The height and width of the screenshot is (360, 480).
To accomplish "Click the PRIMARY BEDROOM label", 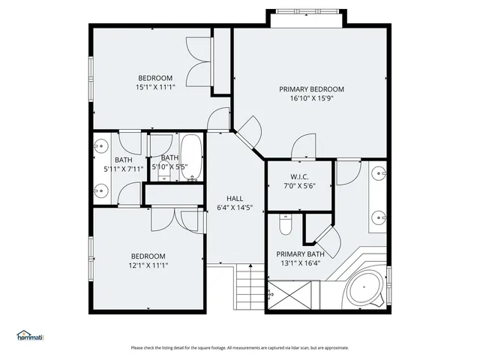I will tap(311, 89).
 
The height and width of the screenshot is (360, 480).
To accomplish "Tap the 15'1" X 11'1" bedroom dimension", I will tap(154, 88).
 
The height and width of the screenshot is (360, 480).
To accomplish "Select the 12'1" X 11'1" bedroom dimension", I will tap(147, 265).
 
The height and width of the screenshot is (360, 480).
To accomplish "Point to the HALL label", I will tap(235, 198).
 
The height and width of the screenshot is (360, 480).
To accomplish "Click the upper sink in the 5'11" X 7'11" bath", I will tap(100, 147).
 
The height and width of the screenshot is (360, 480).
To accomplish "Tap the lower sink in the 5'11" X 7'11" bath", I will tap(100, 190).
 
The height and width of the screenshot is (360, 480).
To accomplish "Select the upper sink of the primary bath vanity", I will tap(379, 173).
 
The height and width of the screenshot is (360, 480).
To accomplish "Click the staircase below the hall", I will tap(249, 288).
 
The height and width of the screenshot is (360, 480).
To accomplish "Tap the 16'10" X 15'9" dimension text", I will tap(310, 99).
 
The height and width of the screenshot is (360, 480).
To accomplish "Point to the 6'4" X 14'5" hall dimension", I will tap(235, 208).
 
